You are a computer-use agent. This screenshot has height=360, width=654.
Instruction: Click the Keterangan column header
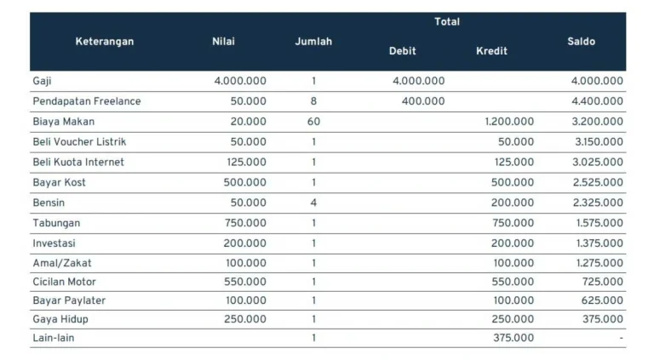[x=104, y=42]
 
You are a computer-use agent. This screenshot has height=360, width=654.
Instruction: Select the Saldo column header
[x=581, y=42]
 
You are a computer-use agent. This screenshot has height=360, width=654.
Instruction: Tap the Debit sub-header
[x=402, y=51]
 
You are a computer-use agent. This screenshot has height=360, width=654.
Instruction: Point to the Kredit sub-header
[x=491, y=51]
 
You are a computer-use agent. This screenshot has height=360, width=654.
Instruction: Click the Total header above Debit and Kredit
[x=447, y=22]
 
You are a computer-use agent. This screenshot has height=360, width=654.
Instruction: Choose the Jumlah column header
[x=313, y=42]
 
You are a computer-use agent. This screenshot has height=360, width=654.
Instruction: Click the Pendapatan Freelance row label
[x=87, y=101]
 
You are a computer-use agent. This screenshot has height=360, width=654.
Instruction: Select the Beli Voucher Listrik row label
[x=79, y=141]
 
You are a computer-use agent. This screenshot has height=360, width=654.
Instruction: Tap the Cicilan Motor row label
[x=65, y=282]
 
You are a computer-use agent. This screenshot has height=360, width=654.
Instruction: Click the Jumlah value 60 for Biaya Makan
[x=313, y=122]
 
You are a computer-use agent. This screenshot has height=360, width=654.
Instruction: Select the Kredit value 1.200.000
[x=509, y=122]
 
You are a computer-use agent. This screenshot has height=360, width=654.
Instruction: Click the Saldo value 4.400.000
[x=598, y=101]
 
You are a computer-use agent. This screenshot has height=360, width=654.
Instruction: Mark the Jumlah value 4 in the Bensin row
[x=313, y=203]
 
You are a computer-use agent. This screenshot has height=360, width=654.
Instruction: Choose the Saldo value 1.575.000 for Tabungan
[x=598, y=223]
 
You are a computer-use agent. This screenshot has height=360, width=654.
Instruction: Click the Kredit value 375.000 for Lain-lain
[x=513, y=338]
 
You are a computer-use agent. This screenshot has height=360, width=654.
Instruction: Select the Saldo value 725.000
[x=602, y=282]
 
